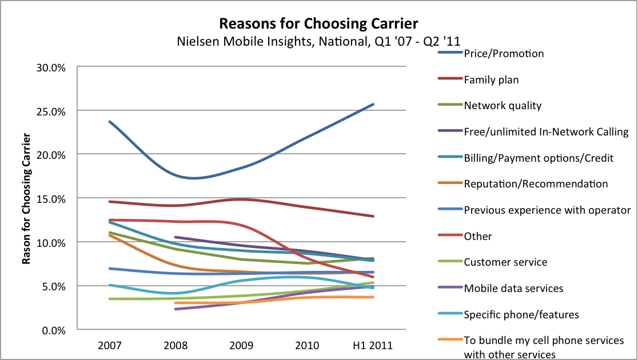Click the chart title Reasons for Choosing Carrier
coord(319,23)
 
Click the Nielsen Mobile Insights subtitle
coord(319,40)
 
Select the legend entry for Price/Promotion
coord(504,54)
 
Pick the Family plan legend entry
coord(491,79)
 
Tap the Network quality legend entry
coord(503,106)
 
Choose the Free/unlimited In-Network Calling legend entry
coord(546,132)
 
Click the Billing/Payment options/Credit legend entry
coord(539,158)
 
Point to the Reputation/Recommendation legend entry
coord(536,184)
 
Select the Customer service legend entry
coord(505,262)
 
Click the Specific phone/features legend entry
coord(521,314)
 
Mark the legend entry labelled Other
coord(478,236)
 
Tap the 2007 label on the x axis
coord(109,346)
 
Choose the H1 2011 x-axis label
coord(372,346)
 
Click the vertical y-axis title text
coord(26,198)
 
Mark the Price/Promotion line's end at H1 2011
coord(373,104)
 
